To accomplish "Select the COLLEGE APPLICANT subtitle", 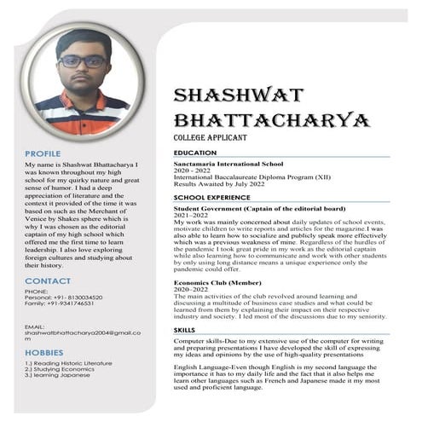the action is click(209, 136).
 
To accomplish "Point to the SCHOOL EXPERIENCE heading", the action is click(212, 197).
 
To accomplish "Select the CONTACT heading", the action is click(48, 280).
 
